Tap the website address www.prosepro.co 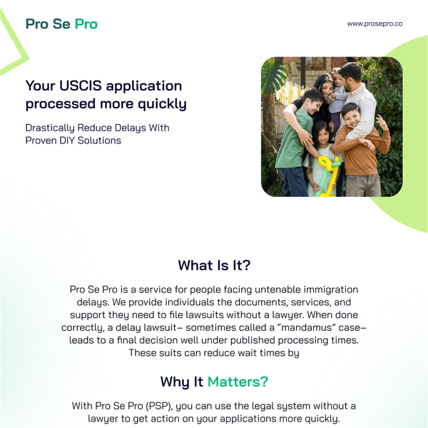tap(374, 24)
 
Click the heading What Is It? tap(214, 265)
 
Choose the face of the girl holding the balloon tap(322, 133)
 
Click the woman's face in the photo tap(324, 85)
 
